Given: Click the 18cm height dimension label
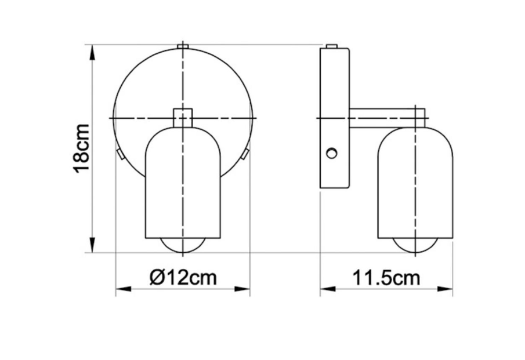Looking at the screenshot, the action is pos(81,148).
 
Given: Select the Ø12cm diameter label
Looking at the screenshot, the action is pos(183,277).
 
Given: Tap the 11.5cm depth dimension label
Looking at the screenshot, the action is pos(386,278).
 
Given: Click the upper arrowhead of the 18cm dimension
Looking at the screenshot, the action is pos(92,53).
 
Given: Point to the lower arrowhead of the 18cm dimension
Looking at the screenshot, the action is pos(92,244).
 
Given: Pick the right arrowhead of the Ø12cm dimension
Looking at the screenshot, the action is pos(242,289).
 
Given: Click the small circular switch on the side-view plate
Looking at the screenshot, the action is pos(332,153).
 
